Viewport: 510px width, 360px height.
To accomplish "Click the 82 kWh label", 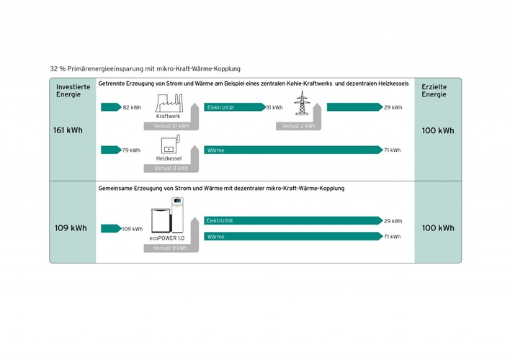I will point(132,107).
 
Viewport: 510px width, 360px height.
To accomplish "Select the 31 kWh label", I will point(274,107).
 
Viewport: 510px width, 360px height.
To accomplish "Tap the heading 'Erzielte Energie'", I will point(434,90).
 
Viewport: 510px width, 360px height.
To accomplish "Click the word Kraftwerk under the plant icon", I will point(168,116).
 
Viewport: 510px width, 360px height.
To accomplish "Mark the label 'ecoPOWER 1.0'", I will point(167,238).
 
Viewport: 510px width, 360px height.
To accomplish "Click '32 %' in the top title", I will point(57,68).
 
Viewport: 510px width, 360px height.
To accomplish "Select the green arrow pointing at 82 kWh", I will point(110,107).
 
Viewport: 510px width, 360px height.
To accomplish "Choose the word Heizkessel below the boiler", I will point(167,158).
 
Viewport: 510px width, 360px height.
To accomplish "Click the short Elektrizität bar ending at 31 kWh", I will point(234,107).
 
